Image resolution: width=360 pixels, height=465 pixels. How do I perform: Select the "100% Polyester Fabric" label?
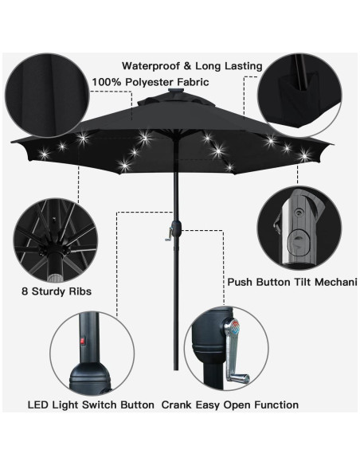click(x=150, y=82)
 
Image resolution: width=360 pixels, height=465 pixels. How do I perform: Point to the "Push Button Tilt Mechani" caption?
click(x=292, y=282)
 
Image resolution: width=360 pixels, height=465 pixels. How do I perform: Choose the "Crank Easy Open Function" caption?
click(x=230, y=405)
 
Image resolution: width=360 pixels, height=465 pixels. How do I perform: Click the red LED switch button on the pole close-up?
click(x=80, y=342)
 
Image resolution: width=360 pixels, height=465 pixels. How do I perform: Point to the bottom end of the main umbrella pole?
click(x=170, y=387)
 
